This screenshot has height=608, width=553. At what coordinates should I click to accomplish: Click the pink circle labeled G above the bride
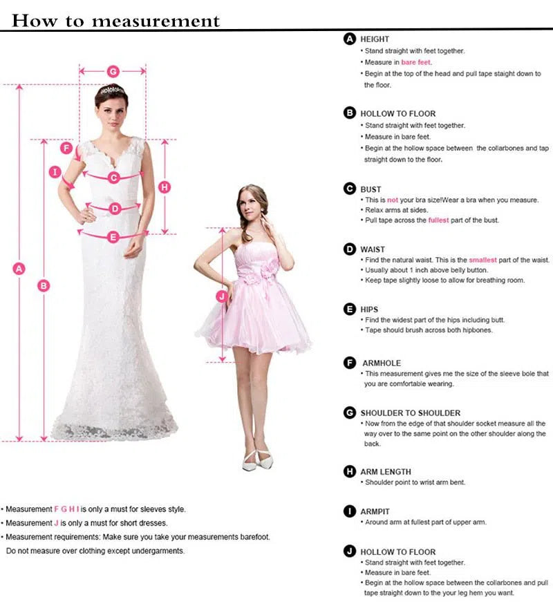tap(113, 71)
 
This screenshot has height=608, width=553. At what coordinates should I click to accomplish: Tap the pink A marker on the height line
tap(19, 269)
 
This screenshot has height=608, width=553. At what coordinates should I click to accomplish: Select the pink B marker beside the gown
tap(44, 285)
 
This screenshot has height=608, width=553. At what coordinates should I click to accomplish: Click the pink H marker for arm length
tap(165, 187)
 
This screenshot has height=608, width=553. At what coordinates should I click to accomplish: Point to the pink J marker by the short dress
tap(222, 296)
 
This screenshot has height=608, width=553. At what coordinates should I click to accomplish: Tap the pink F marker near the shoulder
tap(67, 148)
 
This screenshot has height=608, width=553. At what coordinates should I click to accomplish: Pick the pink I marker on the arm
tap(56, 172)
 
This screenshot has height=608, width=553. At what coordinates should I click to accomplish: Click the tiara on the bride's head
tap(111, 91)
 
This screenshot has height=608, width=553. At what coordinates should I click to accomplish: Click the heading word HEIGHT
tap(375, 39)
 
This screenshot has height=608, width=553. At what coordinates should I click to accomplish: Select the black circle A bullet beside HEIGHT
tap(350, 39)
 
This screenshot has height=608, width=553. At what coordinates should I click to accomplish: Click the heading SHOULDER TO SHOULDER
tap(410, 413)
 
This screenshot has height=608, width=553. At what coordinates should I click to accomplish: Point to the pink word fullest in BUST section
tap(438, 220)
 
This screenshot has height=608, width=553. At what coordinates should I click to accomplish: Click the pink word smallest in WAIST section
tap(482, 260)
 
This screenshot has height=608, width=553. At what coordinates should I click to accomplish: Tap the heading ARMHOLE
tap(381, 363)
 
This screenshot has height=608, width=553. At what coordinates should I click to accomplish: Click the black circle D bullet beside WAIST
tap(350, 249)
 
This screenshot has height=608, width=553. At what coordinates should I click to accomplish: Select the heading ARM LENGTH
tap(385, 472)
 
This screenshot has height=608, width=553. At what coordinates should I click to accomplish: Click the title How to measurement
tap(115, 21)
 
